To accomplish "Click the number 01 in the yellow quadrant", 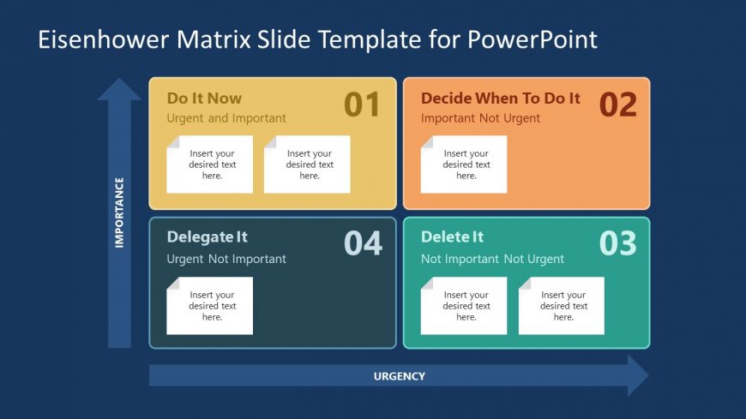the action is click(362, 105).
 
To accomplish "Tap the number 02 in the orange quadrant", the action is click(617, 105).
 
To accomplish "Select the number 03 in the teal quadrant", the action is click(617, 243).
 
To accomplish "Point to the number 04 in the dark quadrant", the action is click(363, 243).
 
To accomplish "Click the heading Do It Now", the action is click(204, 99).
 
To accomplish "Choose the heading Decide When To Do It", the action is click(501, 99).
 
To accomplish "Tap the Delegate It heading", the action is click(207, 236).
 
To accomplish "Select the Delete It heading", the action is click(452, 236).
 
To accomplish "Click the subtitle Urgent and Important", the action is click(226, 118).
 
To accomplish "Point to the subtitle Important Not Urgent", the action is click(480, 118).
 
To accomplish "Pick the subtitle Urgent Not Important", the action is click(226, 259).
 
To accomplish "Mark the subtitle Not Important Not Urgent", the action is click(492, 259).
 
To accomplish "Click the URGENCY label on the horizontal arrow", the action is click(400, 376).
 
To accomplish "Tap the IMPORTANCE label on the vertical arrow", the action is click(119, 212).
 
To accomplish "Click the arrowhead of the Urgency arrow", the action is click(638, 375).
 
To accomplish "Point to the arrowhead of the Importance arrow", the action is click(119, 89).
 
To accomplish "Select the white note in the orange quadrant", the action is click(464, 165).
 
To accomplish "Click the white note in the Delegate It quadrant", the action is click(210, 306).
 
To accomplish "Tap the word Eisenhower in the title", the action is click(103, 39).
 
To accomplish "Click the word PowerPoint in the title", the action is click(532, 39).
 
